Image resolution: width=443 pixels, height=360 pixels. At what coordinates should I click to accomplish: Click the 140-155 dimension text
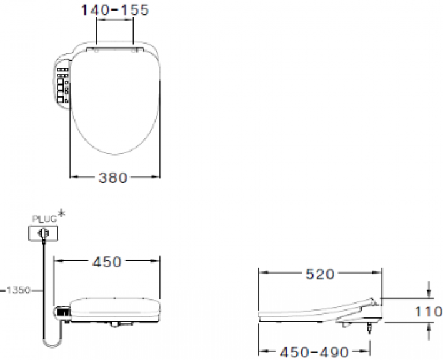tap(115, 11)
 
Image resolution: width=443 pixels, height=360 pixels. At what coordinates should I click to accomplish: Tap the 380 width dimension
tap(113, 177)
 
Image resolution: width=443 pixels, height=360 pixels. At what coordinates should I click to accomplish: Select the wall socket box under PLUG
tap(44, 234)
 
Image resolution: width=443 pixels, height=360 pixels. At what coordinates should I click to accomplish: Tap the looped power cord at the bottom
tap(47, 338)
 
